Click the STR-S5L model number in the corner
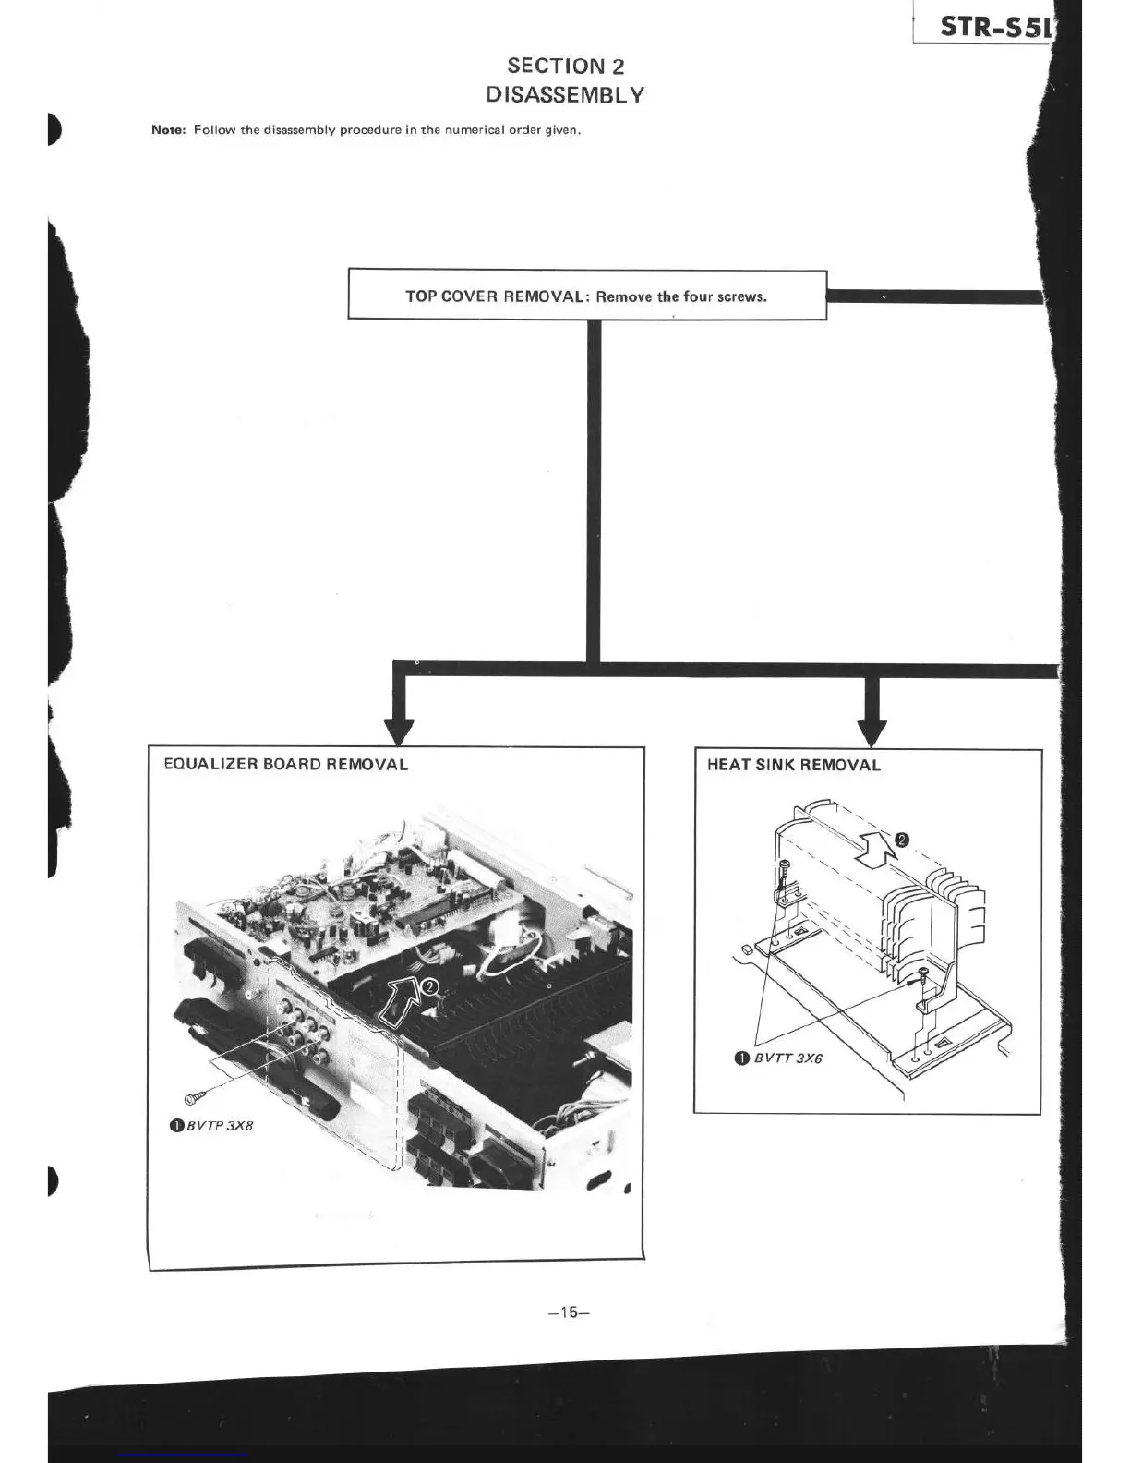pyautogui.click(x=995, y=27)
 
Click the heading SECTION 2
pyautogui.click(x=565, y=66)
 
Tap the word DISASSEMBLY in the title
pyautogui.click(x=565, y=94)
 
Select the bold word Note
pyautogui.click(x=169, y=129)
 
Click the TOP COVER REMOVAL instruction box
pyautogui.click(x=586, y=296)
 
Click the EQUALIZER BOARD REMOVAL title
pyautogui.click(x=285, y=764)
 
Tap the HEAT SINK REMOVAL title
pyautogui.click(x=793, y=765)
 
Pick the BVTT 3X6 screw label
pyautogui.click(x=787, y=1058)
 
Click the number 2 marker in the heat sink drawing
pyautogui.click(x=903, y=840)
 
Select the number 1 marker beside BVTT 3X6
pyautogui.click(x=740, y=1058)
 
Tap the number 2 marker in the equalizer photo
pyautogui.click(x=429, y=986)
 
